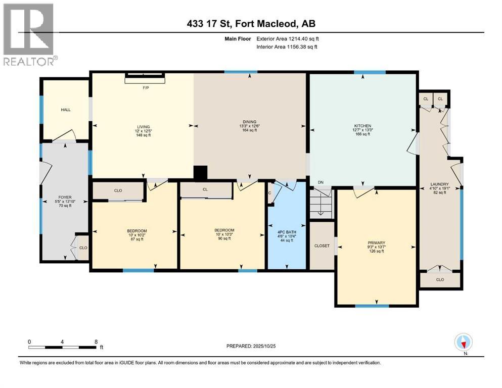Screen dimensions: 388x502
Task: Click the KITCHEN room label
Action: pos(362,126)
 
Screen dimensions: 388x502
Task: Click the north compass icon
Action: pos(464,343)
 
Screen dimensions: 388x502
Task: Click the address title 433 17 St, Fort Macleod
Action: pos(251,24)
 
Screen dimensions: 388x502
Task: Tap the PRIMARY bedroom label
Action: pos(376,243)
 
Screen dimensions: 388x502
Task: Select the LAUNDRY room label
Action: pos(440,184)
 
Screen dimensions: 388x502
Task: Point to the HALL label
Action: pos(66,109)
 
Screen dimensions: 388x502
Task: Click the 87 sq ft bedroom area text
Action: pos(136,239)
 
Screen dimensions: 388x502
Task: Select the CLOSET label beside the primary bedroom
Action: pos(322,246)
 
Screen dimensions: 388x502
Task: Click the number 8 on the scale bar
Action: pos(96,342)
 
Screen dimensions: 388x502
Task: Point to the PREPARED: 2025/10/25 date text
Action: pos(251,346)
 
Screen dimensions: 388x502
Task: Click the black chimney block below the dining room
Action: pos(201,173)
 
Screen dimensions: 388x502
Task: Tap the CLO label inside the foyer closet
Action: pos(83,248)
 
